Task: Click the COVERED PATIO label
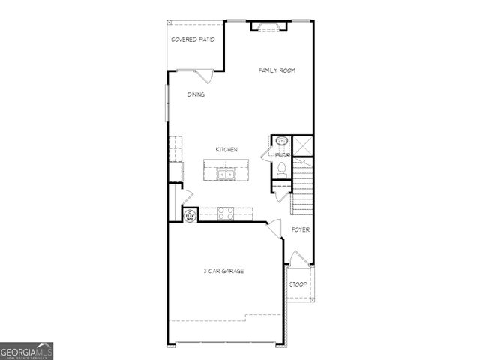point(193,39)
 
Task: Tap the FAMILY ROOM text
point(277,70)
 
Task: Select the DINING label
point(196,95)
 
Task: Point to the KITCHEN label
point(226,150)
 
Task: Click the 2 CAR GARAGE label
point(223,271)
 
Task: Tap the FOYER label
point(301,229)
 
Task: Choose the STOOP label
point(298,284)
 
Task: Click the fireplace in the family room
point(268,26)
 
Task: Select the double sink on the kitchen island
point(226,175)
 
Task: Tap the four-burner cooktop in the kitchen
point(226,214)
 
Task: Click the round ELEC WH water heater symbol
point(190,216)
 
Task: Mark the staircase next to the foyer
point(302,191)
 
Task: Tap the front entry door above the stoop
point(298,259)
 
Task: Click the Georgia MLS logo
point(26,351)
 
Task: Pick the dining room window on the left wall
point(166,100)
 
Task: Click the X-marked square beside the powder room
point(303,145)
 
